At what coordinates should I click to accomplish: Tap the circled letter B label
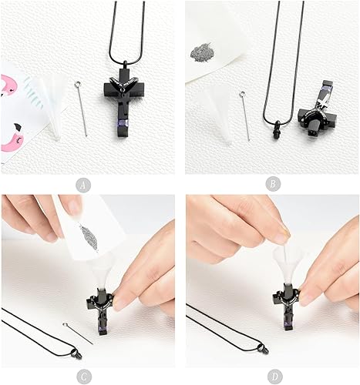click(x=271, y=185)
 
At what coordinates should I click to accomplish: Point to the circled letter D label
click(x=271, y=377)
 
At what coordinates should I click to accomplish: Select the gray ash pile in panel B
click(x=203, y=53)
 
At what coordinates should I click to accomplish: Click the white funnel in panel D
click(x=285, y=262)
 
